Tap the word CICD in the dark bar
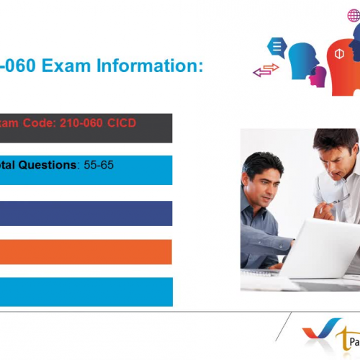(x=119, y=123)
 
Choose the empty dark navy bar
(x=86, y=213)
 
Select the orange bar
(x=86, y=251)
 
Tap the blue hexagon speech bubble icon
(x=276, y=48)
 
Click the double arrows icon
(x=266, y=70)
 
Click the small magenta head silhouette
(x=317, y=75)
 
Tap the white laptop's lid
(x=317, y=245)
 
